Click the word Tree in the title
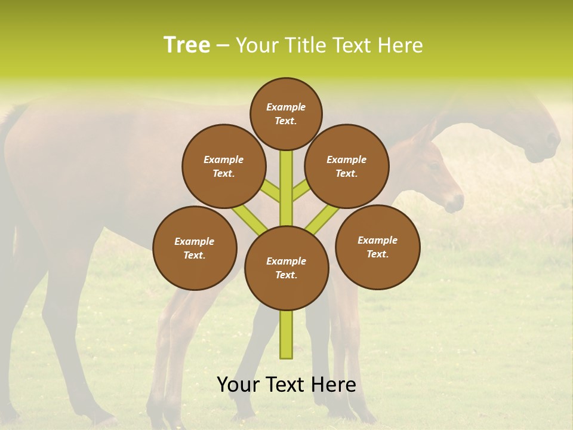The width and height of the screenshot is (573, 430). point(187,45)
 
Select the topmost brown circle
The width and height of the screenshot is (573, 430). point(286,113)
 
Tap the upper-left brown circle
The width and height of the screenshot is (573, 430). point(223,167)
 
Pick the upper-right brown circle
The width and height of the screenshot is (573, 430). point(347,167)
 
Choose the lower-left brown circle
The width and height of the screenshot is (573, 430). point(195,248)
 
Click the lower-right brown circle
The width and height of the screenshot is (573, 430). point(377,247)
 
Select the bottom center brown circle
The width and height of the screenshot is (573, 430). point(286,268)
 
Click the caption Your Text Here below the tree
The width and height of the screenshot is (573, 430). point(286,385)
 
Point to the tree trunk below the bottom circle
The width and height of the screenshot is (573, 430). point(286,334)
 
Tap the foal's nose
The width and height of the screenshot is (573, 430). point(456,203)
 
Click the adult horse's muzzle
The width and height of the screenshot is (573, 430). point(546,149)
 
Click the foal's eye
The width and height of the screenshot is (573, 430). point(432,168)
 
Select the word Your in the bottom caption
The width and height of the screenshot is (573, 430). point(238,385)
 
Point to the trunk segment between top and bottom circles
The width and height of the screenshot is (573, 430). point(286,191)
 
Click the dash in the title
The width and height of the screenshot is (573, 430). point(223,45)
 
